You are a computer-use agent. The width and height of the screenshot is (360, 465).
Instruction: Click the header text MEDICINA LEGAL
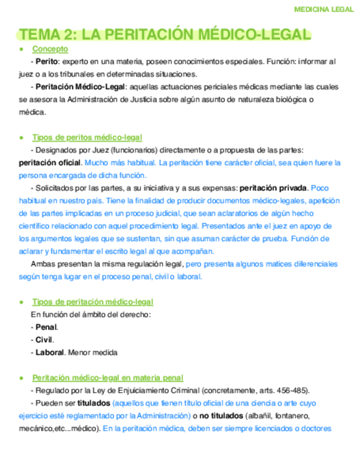coord(324,9)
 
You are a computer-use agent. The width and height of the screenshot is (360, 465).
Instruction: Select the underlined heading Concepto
coord(50,49)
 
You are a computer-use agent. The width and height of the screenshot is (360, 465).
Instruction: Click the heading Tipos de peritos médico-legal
coord(87,137)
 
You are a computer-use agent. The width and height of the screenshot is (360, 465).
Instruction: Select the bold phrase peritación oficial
coord(50,163)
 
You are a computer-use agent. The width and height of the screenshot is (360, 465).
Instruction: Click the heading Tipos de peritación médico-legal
coord(93,302)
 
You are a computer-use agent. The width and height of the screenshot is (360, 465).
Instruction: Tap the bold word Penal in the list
coord(46,327)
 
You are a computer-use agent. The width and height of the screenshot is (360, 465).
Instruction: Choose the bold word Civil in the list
coord(44,340)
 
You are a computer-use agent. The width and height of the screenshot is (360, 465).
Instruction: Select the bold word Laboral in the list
coord(50,353)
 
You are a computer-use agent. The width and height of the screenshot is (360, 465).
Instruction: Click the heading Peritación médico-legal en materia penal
coord(108,378)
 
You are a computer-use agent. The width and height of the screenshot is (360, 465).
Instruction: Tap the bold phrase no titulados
coord(221,416)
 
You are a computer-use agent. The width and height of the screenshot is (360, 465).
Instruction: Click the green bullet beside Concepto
coord(21,49)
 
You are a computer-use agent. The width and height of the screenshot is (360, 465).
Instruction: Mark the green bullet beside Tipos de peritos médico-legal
coord(21,137)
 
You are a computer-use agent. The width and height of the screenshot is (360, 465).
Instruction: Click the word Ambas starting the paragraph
coord(42,264)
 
